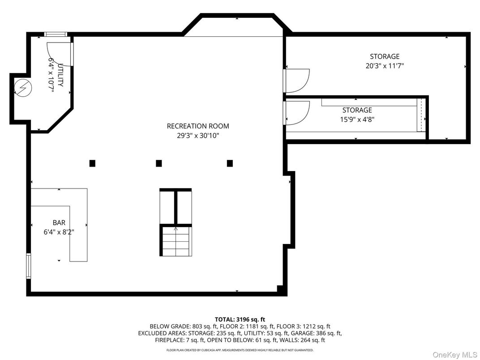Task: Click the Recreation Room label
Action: (198, 126)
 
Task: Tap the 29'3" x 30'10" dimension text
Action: (198, 135)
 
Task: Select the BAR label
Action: (59, 223)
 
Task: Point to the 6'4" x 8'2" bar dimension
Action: (59, 232)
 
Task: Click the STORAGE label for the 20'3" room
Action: (385, 56)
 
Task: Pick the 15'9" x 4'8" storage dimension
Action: (357, 119)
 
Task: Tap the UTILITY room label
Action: (60, 75)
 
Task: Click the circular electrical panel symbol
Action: (23, 88)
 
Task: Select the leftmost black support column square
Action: (92, 163)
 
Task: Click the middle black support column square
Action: (159, 163)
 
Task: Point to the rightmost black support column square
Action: (230, 163)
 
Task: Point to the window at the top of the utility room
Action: (56, 34)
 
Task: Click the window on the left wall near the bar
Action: (29, 266)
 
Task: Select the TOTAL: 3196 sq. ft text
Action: (240, 320)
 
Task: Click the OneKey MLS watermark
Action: (455, 355)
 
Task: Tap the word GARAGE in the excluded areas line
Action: (302, 333)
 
